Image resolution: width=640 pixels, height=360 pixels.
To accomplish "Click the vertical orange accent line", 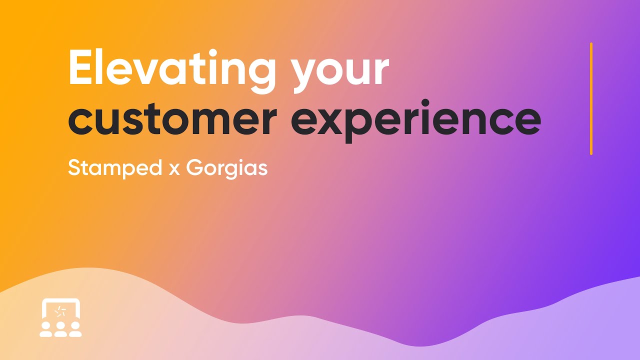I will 591,98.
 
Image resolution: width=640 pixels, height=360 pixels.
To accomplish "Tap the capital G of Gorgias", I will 194,168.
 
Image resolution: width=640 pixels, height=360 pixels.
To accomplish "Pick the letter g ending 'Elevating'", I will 260,75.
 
